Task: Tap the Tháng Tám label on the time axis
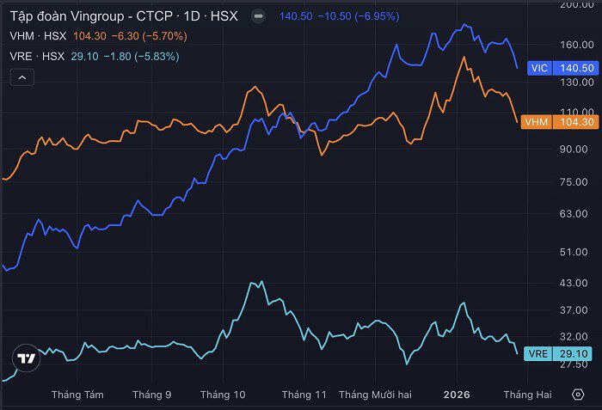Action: (77, 395)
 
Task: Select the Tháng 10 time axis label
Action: (223, 395)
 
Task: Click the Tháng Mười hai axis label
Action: (375, 395)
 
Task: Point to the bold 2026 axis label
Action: (457, 395)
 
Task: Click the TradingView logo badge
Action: (27, 358)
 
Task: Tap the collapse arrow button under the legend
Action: (22, 77)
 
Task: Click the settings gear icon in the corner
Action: (578, 395)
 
